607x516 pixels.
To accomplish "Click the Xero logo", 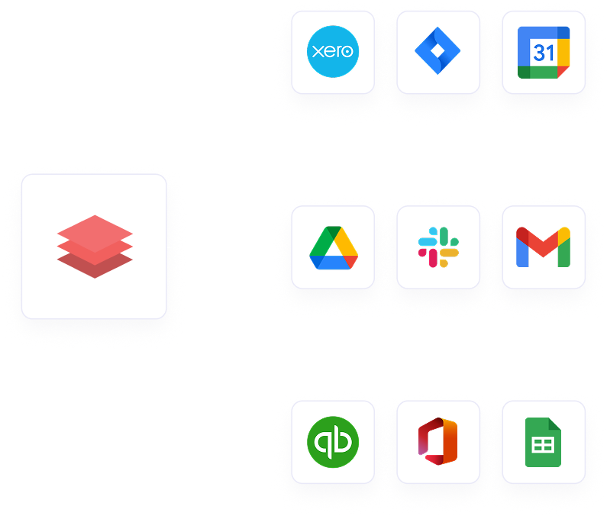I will point(333,52).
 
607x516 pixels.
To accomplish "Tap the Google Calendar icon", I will point(544,52).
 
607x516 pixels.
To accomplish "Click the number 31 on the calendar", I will point(544,54).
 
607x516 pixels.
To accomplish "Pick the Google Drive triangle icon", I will point(334,247).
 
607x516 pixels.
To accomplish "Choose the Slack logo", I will point(438,247).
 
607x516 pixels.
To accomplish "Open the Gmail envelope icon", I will point(544,247).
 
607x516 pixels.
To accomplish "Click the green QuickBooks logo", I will point(333,443).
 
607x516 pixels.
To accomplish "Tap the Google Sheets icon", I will point(543,443).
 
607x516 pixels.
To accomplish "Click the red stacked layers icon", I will point(95,246).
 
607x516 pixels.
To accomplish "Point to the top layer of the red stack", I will point(95,230).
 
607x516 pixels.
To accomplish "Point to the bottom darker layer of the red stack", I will point(95,266).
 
